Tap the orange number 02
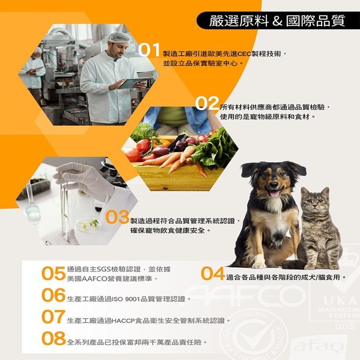[207, 103]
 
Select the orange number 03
[117, 217]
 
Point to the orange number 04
[213, 274]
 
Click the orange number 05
[53, 273]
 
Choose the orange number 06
[53, 295]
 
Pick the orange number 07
[53, 317]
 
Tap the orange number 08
[53, 338]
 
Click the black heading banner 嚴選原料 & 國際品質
[278, 21]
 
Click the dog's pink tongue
[274, 193]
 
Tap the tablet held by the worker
[132, 83]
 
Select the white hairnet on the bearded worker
[119, 37]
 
